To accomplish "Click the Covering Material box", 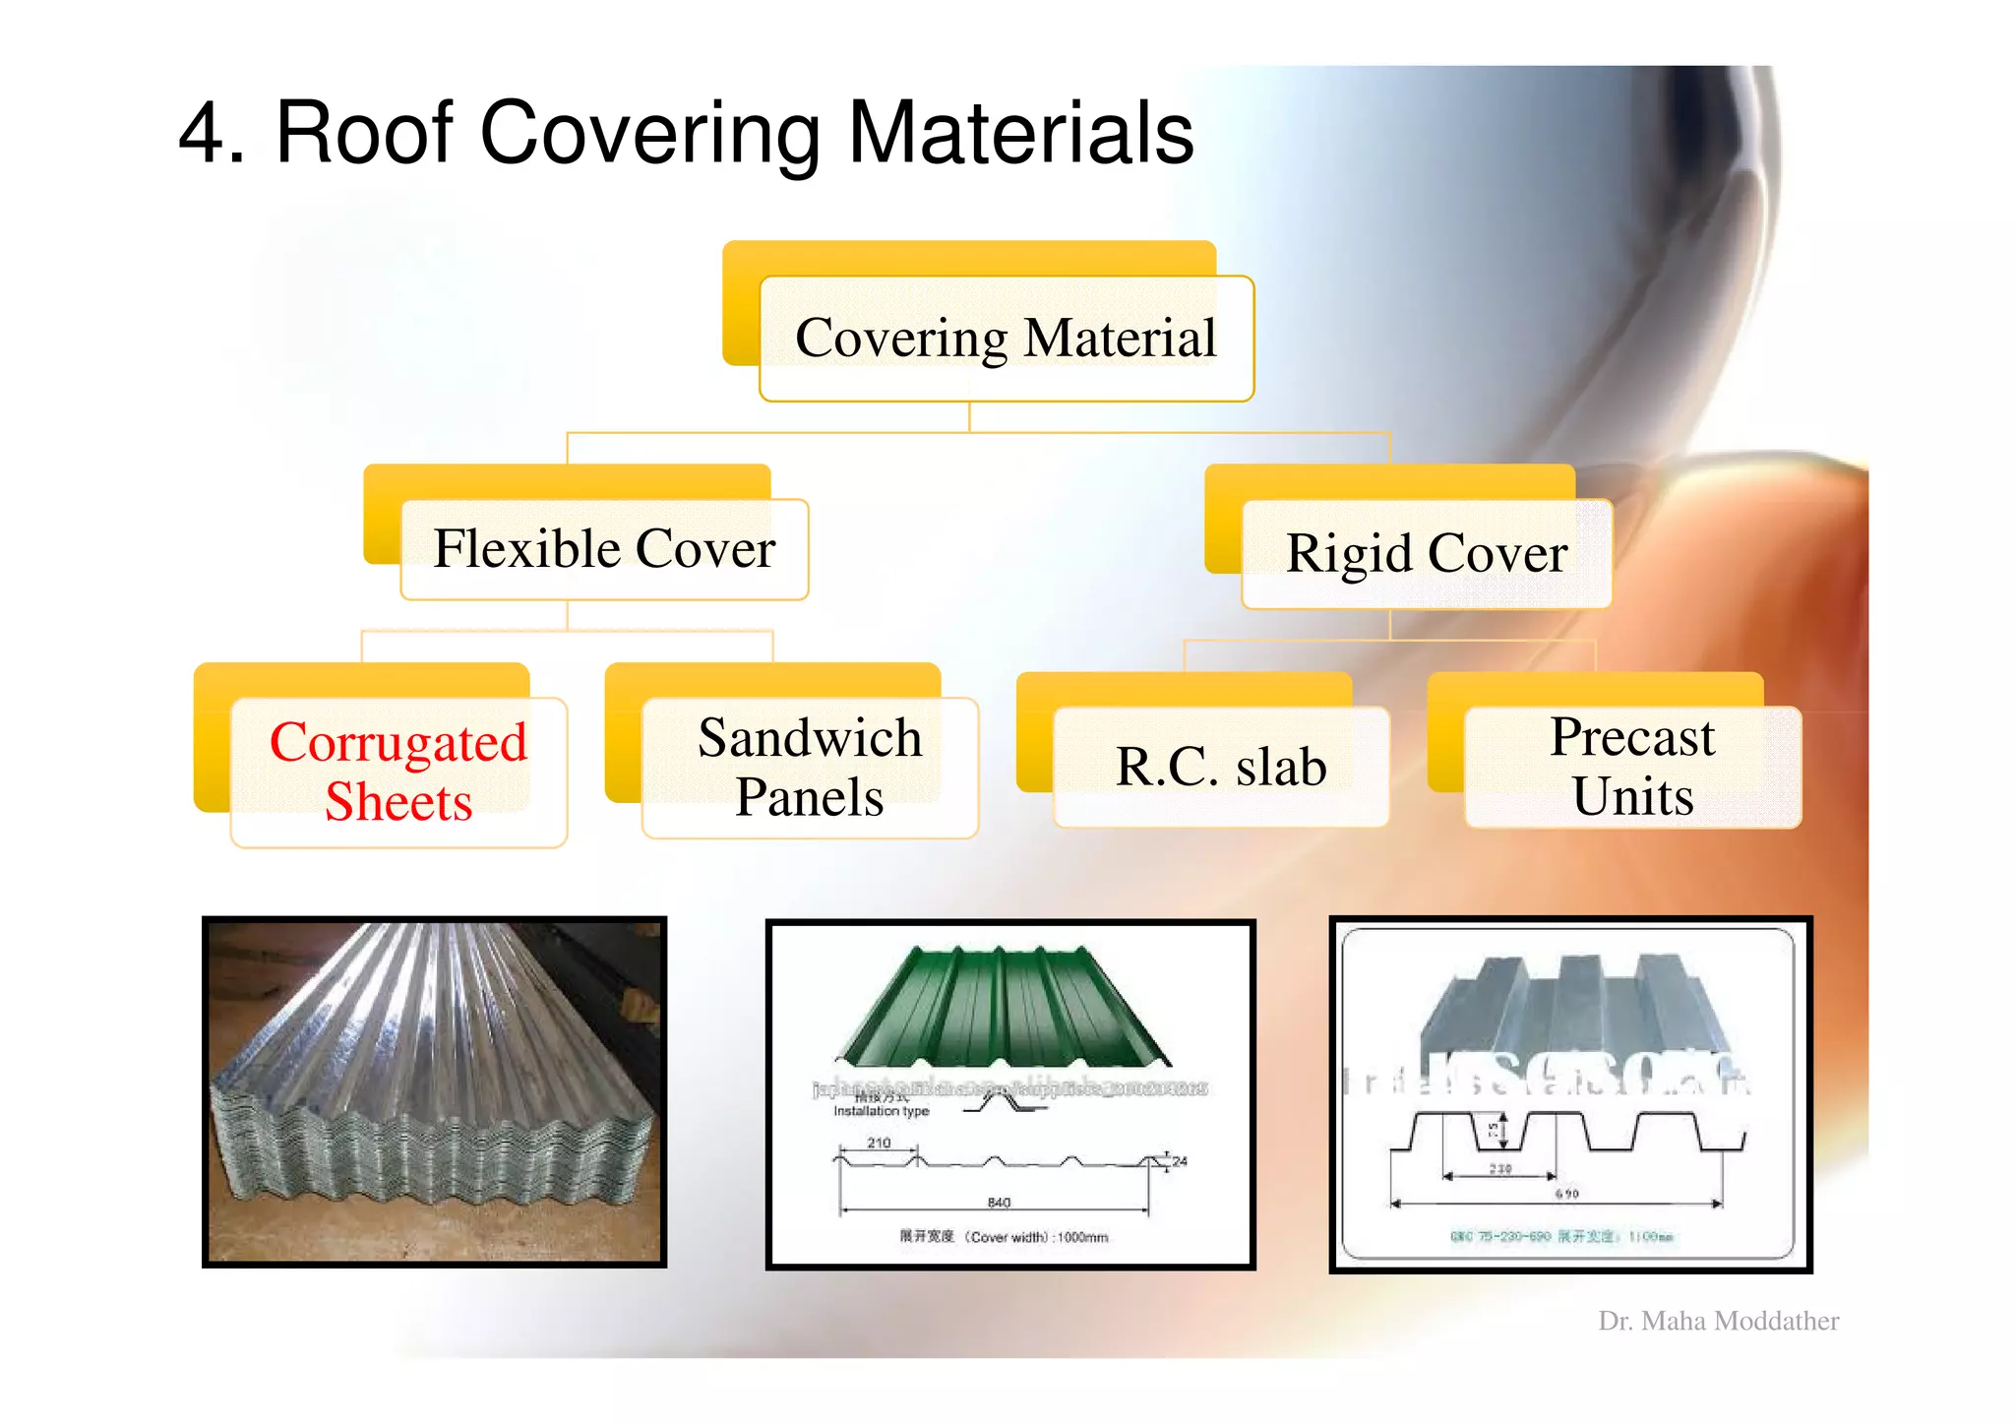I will [x=1006, y=339].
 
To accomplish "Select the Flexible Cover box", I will [x=604, y=549].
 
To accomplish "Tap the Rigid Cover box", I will [x=1427, y=553].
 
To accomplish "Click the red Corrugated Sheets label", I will [x=398, y=771].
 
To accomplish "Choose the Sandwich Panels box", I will [x=810, y=767].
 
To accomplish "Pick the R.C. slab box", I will [x=1221, y=767].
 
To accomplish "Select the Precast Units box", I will [x=1632, y=767].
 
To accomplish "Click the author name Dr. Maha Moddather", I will [x=1718, y=1321].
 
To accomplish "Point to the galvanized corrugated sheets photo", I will [x=434, y=1091].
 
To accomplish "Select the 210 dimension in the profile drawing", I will [x=879, y=1143].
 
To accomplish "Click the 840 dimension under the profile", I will [x=999, y=1203].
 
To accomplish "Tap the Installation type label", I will [x=881, y=1111].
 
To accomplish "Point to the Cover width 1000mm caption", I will [x=1004, y=1237].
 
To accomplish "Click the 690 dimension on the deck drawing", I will [x=1566, y=1194].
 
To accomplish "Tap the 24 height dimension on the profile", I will [x=1180, y=1161].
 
